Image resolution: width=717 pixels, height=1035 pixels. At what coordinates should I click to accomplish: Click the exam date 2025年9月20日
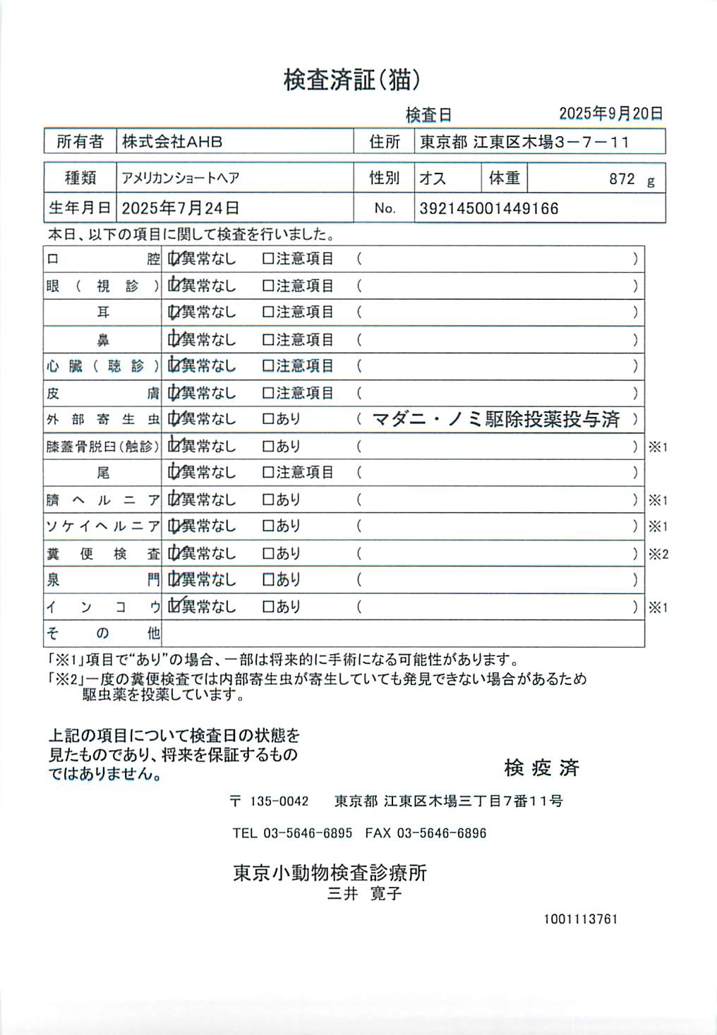pyautogui.click(x=610, y=114)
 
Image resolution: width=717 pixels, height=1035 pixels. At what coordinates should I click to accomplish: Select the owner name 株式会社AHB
pyautogui.click(x=172, y=142)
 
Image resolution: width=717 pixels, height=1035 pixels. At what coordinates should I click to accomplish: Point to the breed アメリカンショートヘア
pyautogui.click(x=181, y=178)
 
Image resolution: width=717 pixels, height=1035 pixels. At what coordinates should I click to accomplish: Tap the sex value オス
pyautogui.click(x=433, y=178)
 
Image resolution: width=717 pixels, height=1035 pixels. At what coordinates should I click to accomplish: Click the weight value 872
pyautogui.click(x=622, y=179)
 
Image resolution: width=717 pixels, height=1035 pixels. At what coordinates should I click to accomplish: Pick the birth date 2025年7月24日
pyautogui.click(x=181, y=208)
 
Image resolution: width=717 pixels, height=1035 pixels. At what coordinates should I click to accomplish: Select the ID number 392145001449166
pyautogui.click(x=488, y=209)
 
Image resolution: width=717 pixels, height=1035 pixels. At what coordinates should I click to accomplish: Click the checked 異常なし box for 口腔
pyautogui.click(x=174, y=259)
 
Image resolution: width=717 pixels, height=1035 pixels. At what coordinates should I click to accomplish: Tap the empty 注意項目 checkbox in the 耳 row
pyautogui.click(x=268, y=312)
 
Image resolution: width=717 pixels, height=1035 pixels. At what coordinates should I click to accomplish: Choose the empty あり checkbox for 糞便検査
pyautogui.click(x=268, y=554)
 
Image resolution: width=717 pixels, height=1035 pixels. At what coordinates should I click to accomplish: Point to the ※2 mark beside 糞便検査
pyautogui.click(x=658, y=554)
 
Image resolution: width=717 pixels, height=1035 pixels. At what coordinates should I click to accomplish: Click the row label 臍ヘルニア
pyautogui.click(x=103, y=500)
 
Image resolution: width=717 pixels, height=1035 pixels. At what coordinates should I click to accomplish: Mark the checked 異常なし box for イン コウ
pyautogui.click(x=174, y=606)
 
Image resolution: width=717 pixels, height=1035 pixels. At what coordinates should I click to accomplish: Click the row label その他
pyautogui.click(x=103, y=633)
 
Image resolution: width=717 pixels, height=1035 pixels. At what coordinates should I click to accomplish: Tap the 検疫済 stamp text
pyautogui.click(x=541, y=768)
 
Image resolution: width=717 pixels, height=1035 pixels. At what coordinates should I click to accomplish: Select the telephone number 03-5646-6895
pyautogui.click(x=308, y=833)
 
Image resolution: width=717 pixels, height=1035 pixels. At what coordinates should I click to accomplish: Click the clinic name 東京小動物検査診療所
pyautogui.click(x=330, y=873)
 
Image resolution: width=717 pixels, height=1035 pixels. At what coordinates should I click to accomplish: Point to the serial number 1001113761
pyautogui.click(x=580, y=919)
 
